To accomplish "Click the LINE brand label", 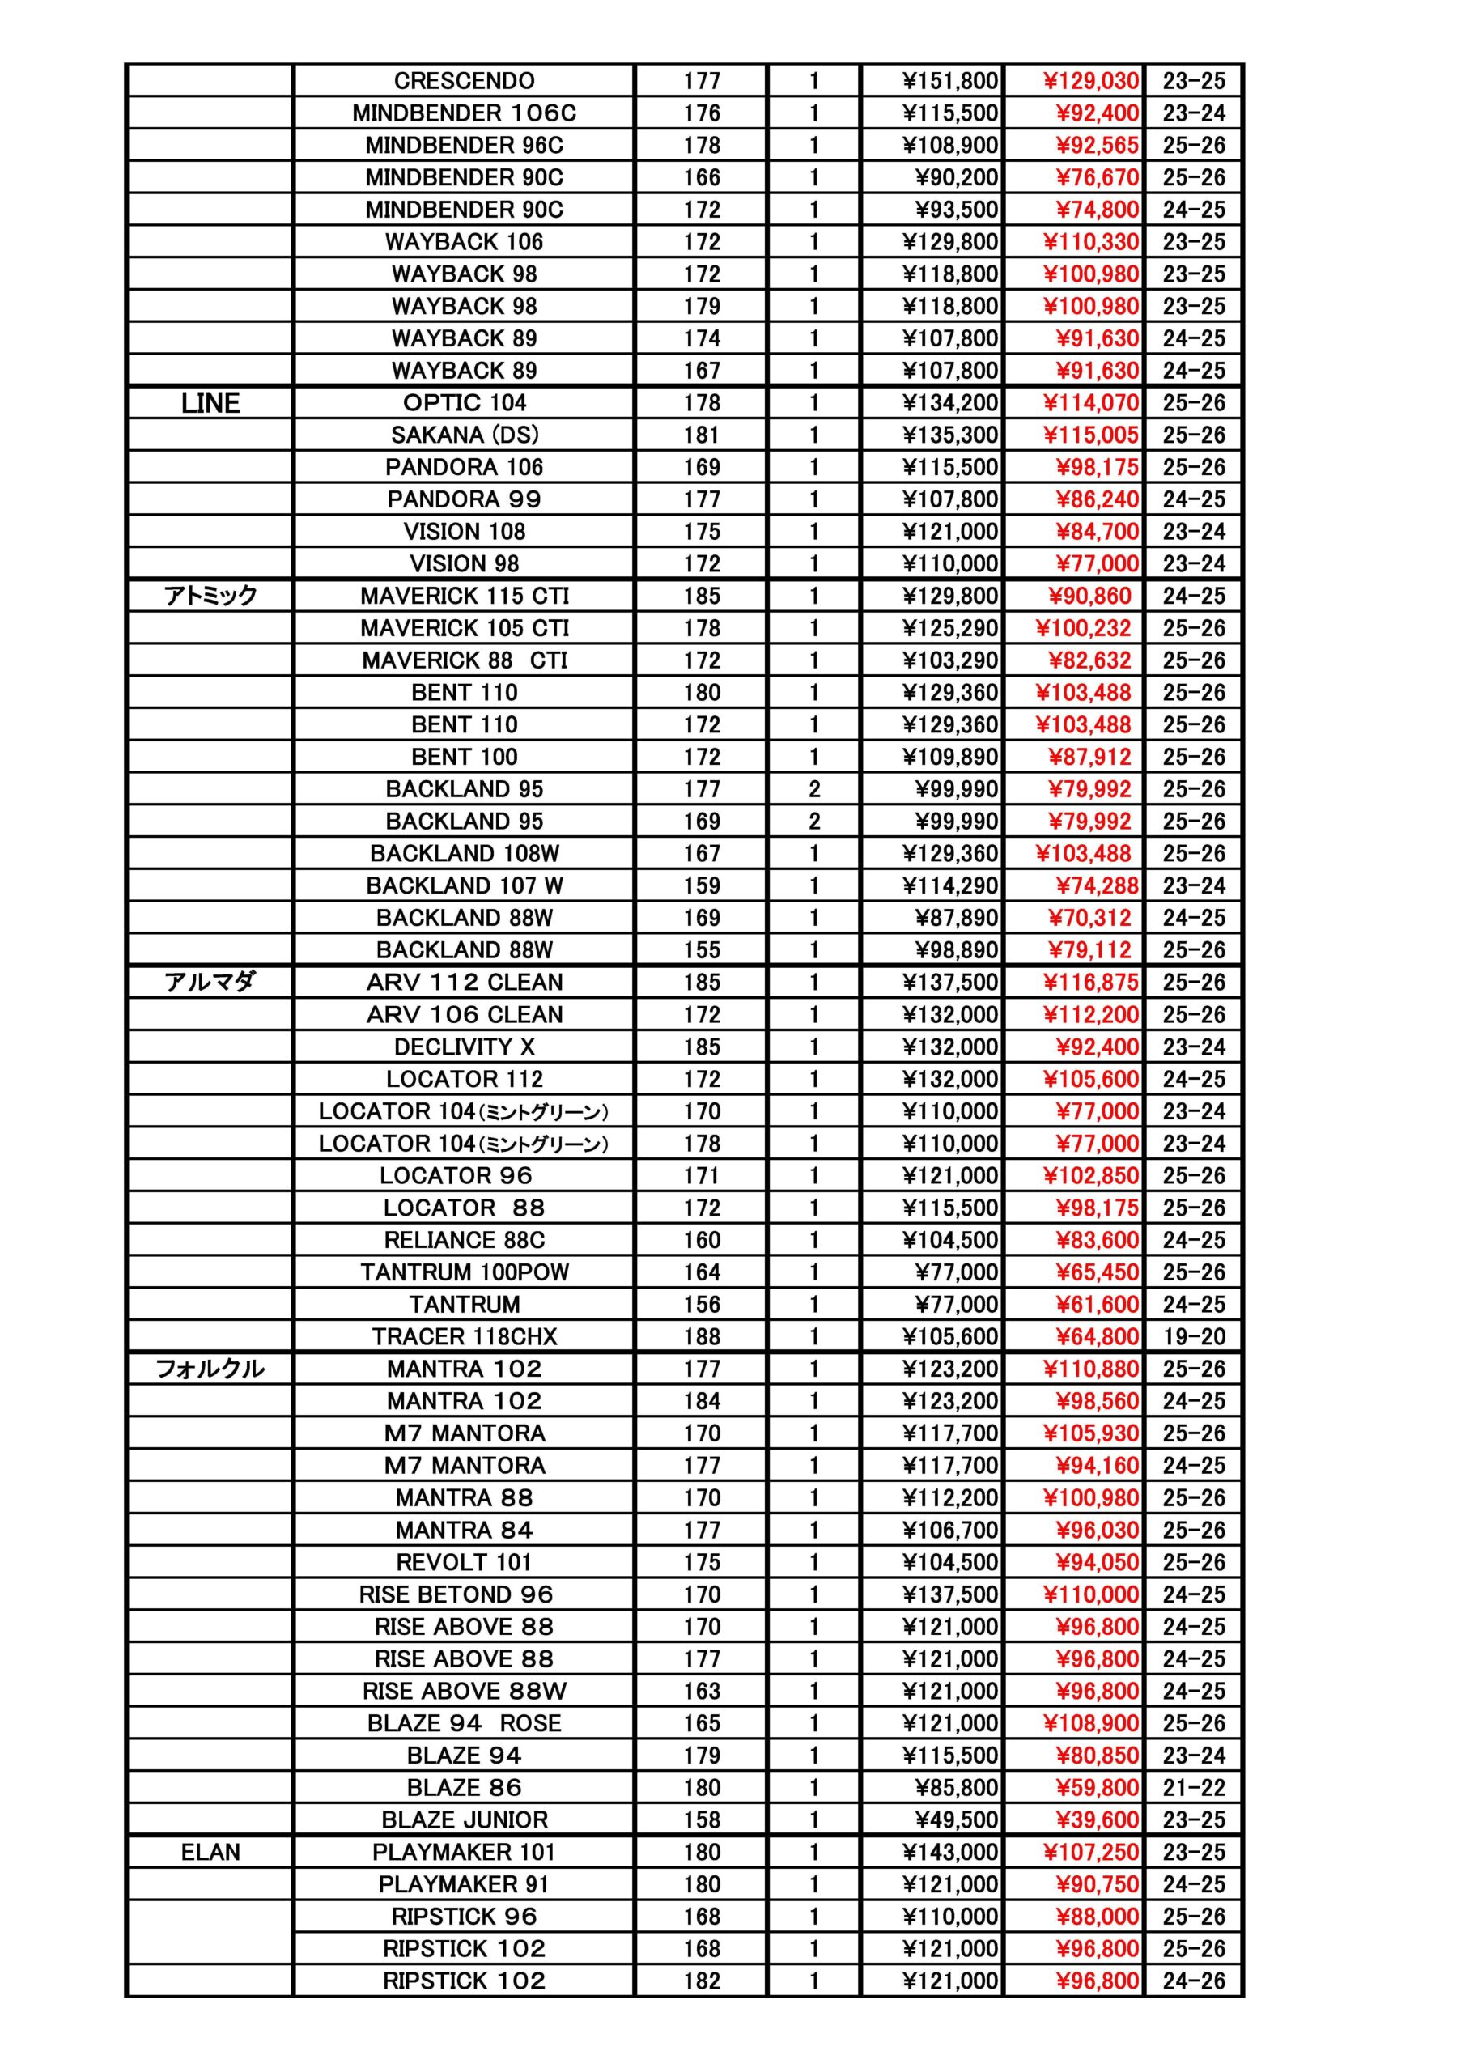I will pyautogui.click(x=210, y=402).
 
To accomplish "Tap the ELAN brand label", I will pyautogui.click(x=210, y=1852).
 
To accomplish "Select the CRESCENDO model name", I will pyautogui.click(x=464, y=81).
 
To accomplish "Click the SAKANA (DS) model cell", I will pyautogui.click(x=464, y=435).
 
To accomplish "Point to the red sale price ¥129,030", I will pyautogui.click(x=1090, y=81).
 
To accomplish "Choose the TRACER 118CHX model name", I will pyautogui.click(x=464, y=1336).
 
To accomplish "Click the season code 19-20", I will pyautogui.click(x=1193, y=1336).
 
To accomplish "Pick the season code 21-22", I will pyautogui.click(x=1193, y=1788).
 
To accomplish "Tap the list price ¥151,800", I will pyautogui.click(x=949, y=81).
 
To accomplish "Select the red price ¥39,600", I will pyautogui.click(x=1097, y=1819).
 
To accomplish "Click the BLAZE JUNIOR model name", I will pyautogui.click(x=464, y=1819).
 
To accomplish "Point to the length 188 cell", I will pyautogui.click(x=702, y=1336).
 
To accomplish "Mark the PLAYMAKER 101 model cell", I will pyautogui.click(x=464, y=1852).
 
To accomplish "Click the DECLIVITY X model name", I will pyautogui.click(x=464, y=1047).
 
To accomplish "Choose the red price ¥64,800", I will pyautogui.click(x=1097, y=1336).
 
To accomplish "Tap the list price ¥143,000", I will pyautogui.click(x=949, y=1852).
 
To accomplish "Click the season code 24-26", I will pyautogui.click(x=1193, y=1981).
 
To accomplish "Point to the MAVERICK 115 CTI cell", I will pyautogui.click(x=464, y=596).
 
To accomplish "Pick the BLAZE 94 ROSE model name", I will pyautogui.click(x=464, y=1723).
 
